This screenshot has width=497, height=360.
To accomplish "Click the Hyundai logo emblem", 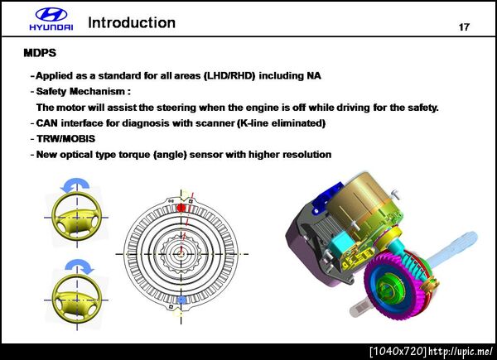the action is tap(51, 15).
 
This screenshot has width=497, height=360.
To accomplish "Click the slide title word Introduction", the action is tap(132, 23).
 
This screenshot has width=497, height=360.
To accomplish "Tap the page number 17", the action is tap(464, 27).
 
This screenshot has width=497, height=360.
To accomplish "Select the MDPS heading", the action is tap(40, 53).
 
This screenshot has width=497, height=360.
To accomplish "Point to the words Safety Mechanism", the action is tap(80, 92).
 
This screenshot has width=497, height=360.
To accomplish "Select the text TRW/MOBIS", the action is tap(66, 139).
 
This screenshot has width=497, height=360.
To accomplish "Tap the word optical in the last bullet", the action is tap(83, 155).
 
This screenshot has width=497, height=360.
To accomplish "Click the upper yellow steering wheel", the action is tap(76, 217).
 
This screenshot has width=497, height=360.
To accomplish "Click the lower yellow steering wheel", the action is tap(76, 300).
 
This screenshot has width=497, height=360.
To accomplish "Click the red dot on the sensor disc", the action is tap(181, 208).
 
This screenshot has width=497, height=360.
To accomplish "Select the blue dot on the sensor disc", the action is tap(181, 300).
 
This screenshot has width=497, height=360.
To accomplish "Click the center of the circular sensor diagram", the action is tap(181, 254).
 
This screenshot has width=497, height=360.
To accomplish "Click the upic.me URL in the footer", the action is tap(461, 351).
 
